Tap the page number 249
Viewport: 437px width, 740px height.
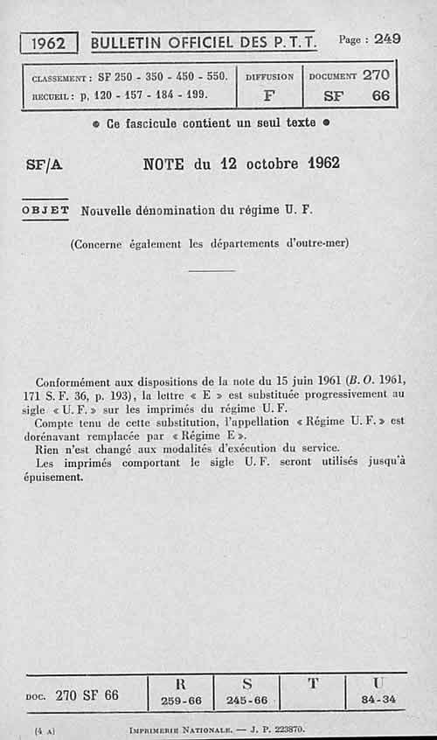pos(385,38)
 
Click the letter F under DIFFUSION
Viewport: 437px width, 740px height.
pos(268,95)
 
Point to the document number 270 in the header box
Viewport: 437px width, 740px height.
pos(376,75)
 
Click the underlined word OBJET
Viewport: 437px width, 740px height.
pos(46,210)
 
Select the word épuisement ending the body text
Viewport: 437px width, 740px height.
pos(53,478)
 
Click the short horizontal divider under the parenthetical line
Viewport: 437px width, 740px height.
pos(212,270)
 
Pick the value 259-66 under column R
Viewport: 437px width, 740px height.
pos(181,701)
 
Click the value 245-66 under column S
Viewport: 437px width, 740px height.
pos(246,701)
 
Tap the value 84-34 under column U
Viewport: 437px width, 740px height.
pos(378,700)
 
